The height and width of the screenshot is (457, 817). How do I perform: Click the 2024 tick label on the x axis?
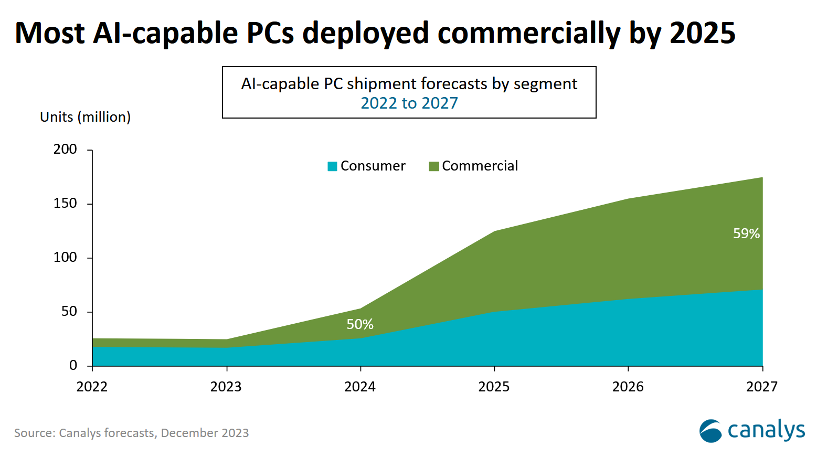point(360,387)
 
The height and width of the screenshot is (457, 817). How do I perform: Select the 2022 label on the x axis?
point(92,387)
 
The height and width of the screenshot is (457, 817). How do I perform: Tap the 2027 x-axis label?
point(762,387)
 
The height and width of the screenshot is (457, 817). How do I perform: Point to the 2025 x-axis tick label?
point(494,387)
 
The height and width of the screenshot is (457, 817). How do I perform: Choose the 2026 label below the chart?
point(628,387)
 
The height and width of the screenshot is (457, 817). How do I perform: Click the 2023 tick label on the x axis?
point(226,387)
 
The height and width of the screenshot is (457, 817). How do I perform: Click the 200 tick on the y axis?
point(65,150)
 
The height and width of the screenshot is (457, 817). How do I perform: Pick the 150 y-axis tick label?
point(65,204)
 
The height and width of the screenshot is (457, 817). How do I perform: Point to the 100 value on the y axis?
point(65,258)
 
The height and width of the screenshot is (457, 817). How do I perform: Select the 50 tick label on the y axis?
point(69,312)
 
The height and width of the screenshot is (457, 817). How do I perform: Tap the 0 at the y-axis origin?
point(73,366)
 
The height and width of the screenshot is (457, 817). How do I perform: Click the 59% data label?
point(746,233)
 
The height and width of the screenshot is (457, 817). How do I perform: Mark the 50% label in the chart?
point(360,324)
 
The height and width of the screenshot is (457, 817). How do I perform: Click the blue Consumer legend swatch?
point(332,166)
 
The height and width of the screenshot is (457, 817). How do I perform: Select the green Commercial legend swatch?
point(434,166)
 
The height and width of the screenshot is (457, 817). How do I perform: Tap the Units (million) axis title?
point(85,117)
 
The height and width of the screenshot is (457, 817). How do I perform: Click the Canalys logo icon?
point(710,431)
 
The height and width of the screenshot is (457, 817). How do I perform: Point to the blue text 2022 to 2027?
point(409,103)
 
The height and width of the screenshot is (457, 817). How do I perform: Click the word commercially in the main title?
point(529,33)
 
